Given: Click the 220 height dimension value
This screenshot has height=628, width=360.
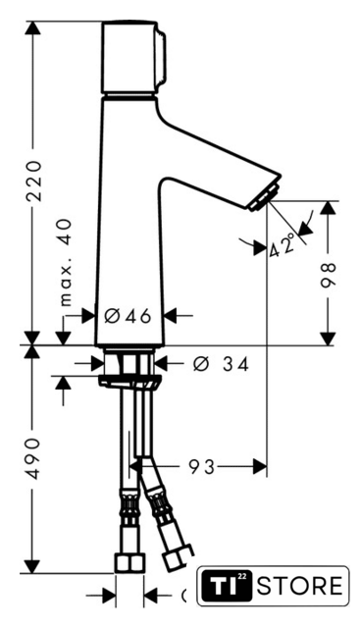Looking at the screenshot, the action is point(33,181).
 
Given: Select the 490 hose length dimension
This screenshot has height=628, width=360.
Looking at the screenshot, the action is point(33,458).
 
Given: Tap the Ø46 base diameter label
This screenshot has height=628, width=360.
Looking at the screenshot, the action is point(128,316).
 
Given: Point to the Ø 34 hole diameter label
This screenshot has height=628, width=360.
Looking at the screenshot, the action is point(221,364).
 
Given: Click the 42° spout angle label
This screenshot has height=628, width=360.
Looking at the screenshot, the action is point(282,246).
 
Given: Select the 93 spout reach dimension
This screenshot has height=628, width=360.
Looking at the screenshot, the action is point(202,467).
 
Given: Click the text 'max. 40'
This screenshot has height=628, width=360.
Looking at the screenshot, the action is point(67,263).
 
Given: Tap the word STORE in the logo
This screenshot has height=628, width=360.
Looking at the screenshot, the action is point(300,586).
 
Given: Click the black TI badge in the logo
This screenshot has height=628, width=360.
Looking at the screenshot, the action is point(227,586).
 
